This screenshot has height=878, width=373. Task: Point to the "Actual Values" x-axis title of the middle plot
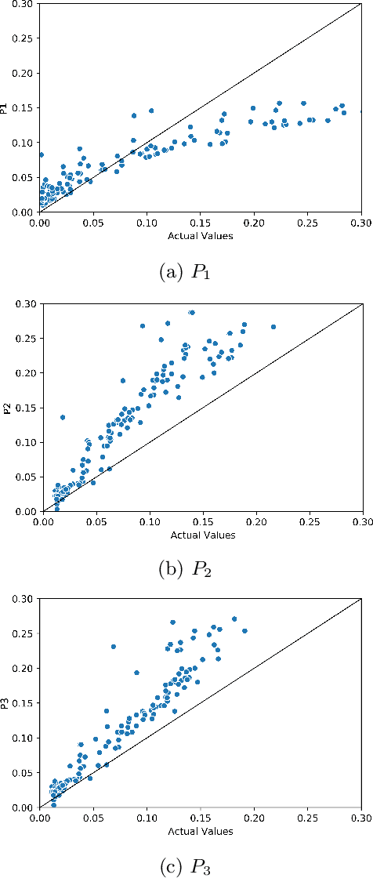[201, 535]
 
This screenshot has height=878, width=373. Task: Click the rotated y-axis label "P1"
[6, 107]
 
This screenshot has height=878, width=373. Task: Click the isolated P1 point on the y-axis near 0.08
[41, 155]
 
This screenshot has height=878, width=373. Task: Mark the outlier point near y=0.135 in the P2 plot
[62, 417]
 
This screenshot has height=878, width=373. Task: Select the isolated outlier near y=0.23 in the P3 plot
[114, 647]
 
